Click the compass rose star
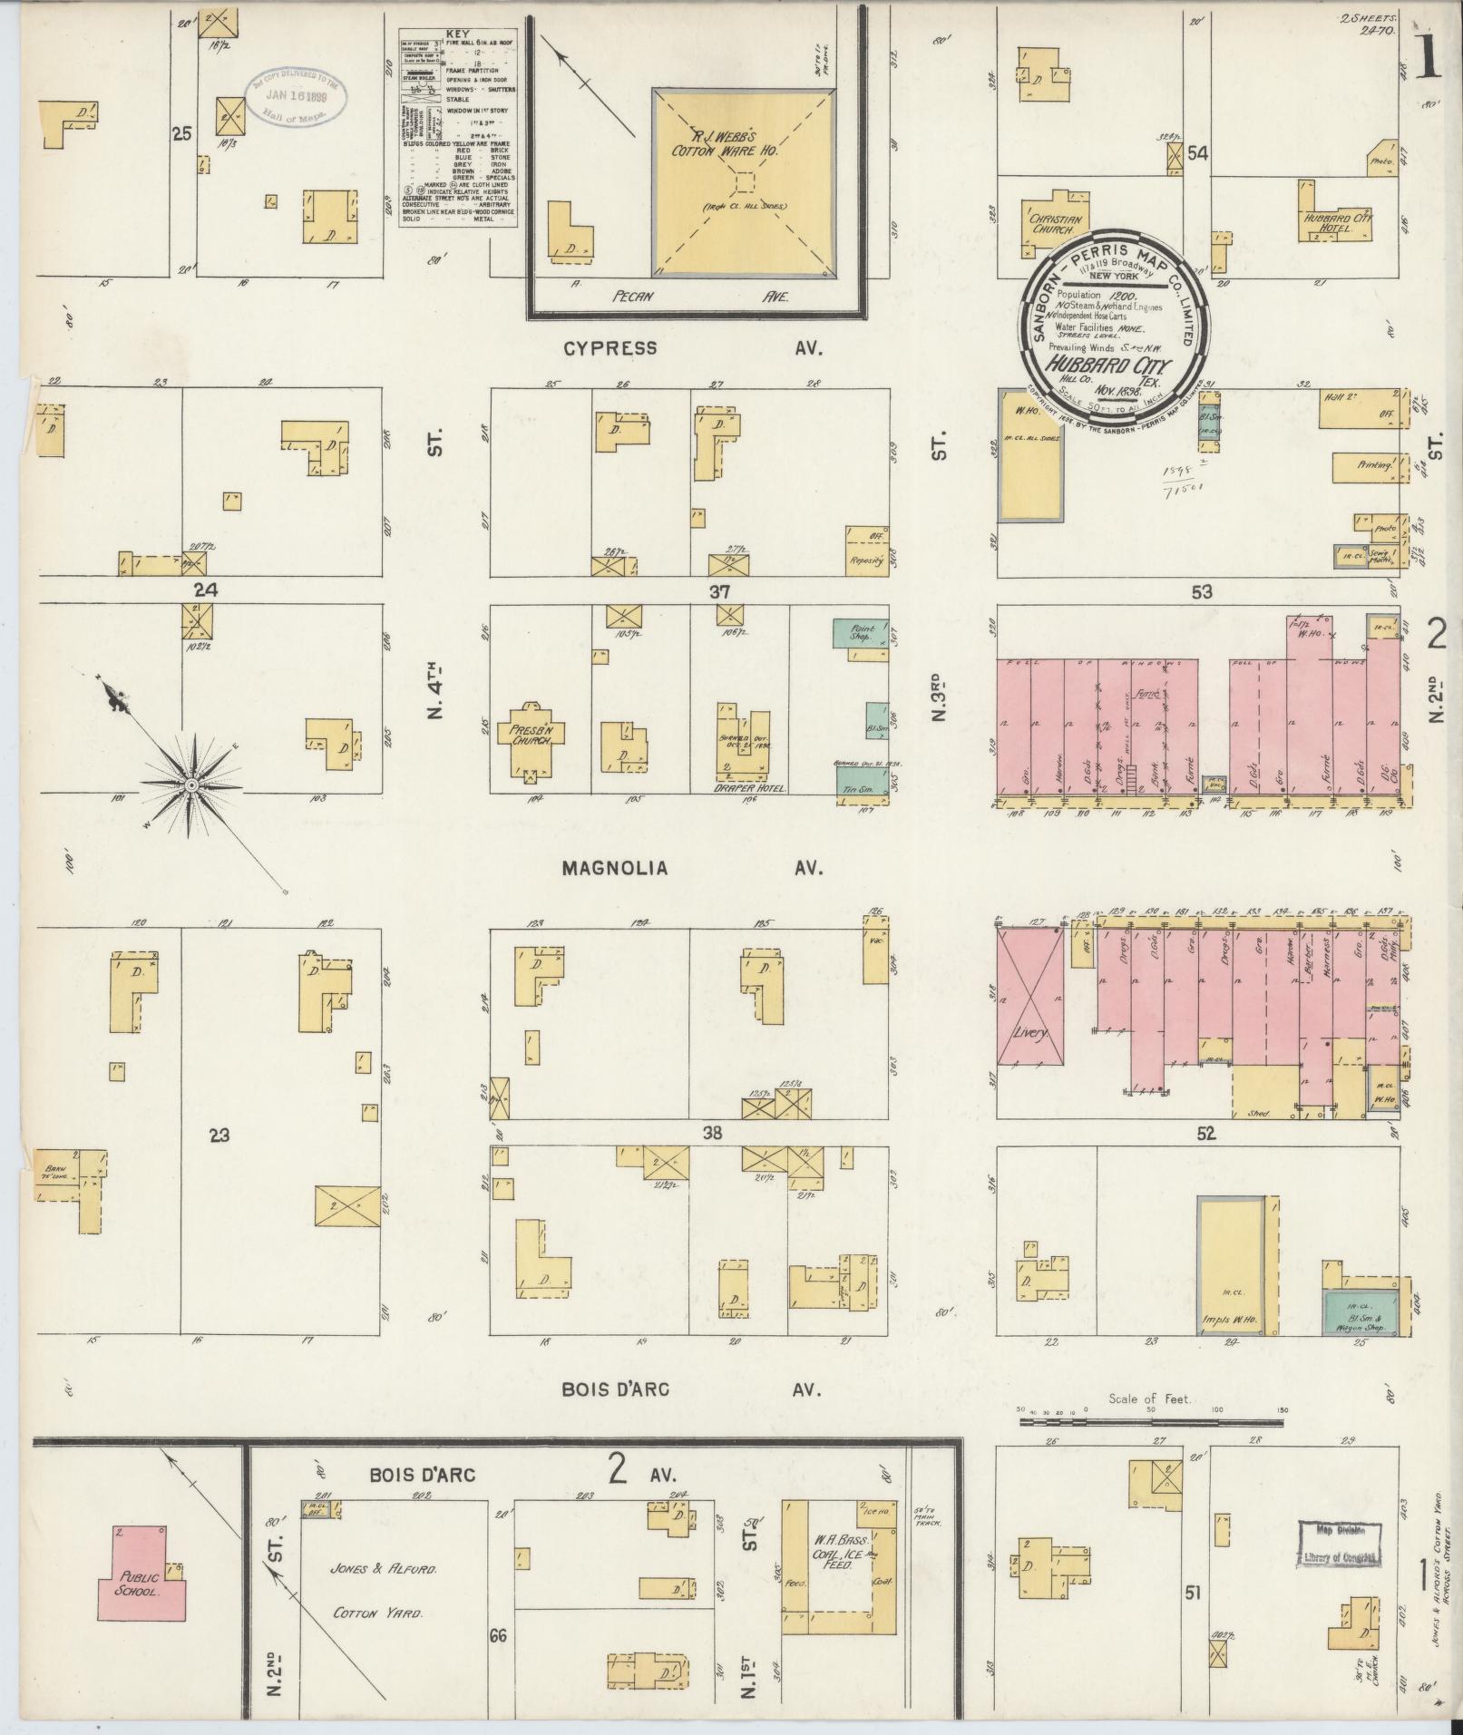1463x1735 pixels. [x=191, y=784]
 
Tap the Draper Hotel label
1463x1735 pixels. [x=750, y=788]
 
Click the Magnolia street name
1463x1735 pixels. [x=614, y=868]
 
